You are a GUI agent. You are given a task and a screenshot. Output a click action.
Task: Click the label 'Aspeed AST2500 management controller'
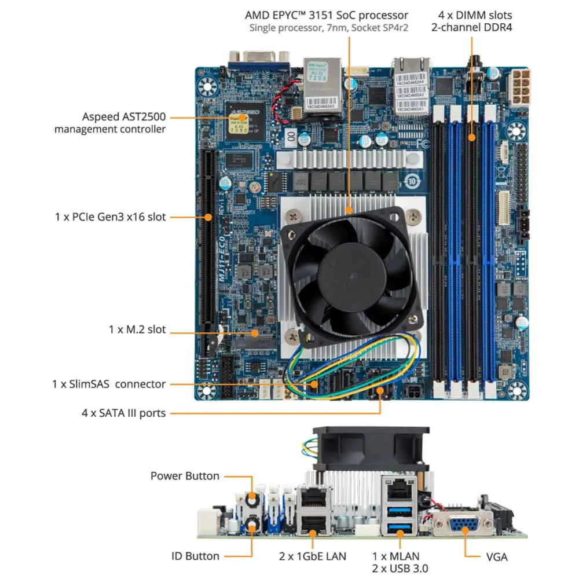pyautogui.click(x=110, y=123)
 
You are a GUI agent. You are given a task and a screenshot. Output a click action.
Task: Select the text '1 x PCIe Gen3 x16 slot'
pyautogui.click(x=111, y=217)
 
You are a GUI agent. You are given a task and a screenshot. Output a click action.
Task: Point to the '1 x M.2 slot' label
pyautogui.click(x=137, y=329)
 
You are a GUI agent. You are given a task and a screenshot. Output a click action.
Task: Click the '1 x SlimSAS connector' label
pyautogui.click(x=108, y=384)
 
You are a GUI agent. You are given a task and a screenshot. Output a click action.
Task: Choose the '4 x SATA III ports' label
pyautogui.click(x=123, y=413)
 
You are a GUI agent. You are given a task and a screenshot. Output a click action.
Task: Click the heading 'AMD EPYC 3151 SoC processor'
pyautogui.click(x=327, y=15)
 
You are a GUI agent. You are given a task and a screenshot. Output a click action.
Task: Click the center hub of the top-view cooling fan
pyautogui.click(x=350, y=276)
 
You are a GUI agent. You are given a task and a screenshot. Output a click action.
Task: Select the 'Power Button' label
pyautogui.click(x=185, y=476)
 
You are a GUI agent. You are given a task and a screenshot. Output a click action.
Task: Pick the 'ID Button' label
pyautogui.click(x=196, y=556)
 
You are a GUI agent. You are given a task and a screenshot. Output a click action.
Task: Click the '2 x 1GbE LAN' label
pyautogui.click(x=313, y=556)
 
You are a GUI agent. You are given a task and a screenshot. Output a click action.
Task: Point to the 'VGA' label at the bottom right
pyautogui.click(x=497, y=557)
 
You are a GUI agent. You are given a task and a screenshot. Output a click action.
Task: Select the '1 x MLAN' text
pyautogui.click(x=395, y=556)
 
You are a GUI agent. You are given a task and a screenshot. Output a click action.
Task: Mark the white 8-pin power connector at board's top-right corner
pyautogui.click(x=519, y=87)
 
